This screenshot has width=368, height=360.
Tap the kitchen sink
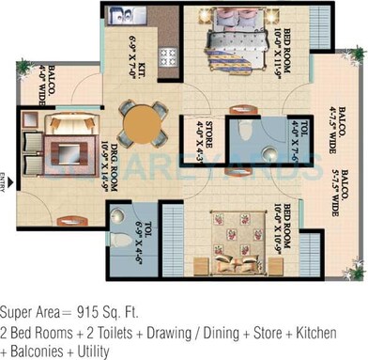point(120,16)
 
